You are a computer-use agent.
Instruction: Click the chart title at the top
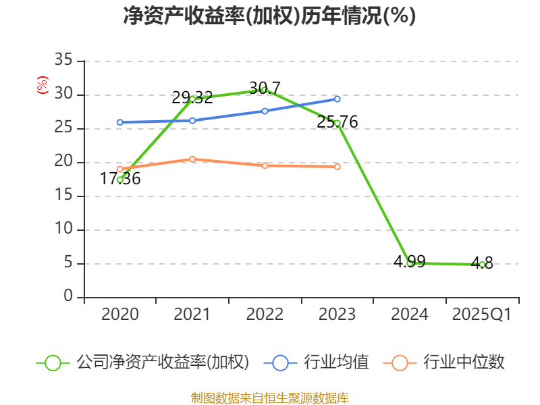point(269,16)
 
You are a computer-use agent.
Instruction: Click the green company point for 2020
point(119,180)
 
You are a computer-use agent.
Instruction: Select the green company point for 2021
point(192,99)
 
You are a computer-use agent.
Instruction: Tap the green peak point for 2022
point(265,89)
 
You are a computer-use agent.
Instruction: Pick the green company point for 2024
point(410,263)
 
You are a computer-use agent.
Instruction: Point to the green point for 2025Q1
point(482,265)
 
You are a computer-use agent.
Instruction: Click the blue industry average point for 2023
point(337,99)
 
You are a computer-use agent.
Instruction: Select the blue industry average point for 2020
point(119,122)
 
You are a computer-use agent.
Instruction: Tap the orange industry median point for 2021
point(192,159)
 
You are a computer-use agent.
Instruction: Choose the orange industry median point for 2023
point(337,166)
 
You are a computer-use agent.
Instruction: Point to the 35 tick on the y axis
point(63,61)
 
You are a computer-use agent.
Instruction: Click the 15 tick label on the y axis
point(63,196)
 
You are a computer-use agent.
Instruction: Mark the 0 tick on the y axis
point(68,297)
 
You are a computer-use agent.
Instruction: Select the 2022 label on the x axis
point(265,315)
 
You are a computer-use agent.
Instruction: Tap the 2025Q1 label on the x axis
point(482,315)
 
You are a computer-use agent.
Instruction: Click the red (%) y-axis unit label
point(43,86)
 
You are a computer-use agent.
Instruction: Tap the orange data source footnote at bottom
point(269,398)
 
